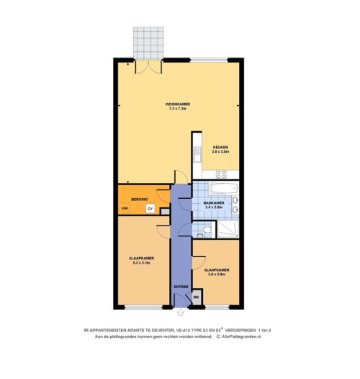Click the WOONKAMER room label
[x=178, y=104]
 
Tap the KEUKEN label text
[x=220, y=147]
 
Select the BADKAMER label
[x=214, y=202]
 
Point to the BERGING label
[x=140, y=199]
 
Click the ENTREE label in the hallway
[x=181, y=286]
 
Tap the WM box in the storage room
[x=125, y=209]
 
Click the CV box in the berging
[x=150, y=209]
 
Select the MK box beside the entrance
[x=196, y=296]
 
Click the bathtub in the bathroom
[x=223, y=189]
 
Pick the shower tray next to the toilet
[x=228, y=229]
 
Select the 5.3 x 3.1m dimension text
[x=140, y=263]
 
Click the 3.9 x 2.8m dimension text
[x=217, y=275]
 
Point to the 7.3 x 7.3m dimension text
[x=178, y=109]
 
